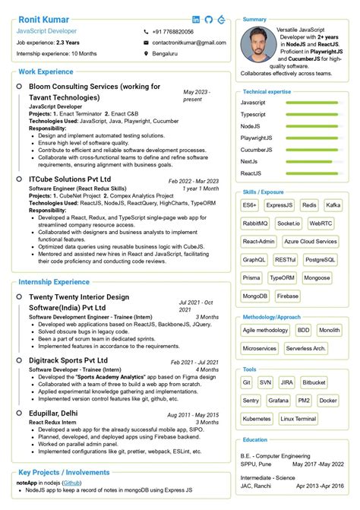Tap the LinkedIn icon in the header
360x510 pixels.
[x=197, y=19]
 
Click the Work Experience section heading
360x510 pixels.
[x=46, y=71]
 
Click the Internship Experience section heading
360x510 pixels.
[x=53, y=282]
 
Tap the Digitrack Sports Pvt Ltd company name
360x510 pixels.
[x=68, y=360]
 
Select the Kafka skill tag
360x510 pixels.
[x=333, y=205]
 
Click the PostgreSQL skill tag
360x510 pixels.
[x=320, y=260]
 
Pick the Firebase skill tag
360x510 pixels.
[x=287, y=296]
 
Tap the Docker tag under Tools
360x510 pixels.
[x=328, y=400]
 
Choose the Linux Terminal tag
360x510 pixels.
[x=298, y=418]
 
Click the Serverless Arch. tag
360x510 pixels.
[x=308, y=348]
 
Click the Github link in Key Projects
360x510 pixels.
[x=72, y=483]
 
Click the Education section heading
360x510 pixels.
[x=255, y=440]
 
